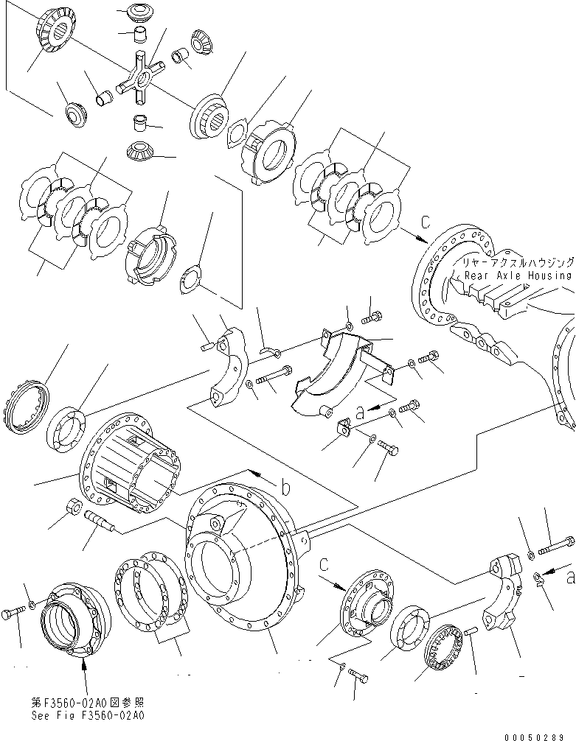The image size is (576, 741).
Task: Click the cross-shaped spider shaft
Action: click(x=140, y=79)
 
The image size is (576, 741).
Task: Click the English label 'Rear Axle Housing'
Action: click(x=518, y=275)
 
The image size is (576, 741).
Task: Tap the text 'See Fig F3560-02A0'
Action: click(x=88, y=715)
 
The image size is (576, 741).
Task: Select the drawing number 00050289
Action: click(x=534, y=737)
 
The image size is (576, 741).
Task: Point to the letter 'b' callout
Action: click(x=285, y=487)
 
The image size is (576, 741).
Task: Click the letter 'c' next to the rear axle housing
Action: click(x=426, y=221)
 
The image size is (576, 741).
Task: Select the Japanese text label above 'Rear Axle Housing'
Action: click(x=518, y=262)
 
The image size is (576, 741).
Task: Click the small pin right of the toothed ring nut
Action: click(x=472, y=632)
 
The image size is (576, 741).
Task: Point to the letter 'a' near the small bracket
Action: click(x=361, y=412)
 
